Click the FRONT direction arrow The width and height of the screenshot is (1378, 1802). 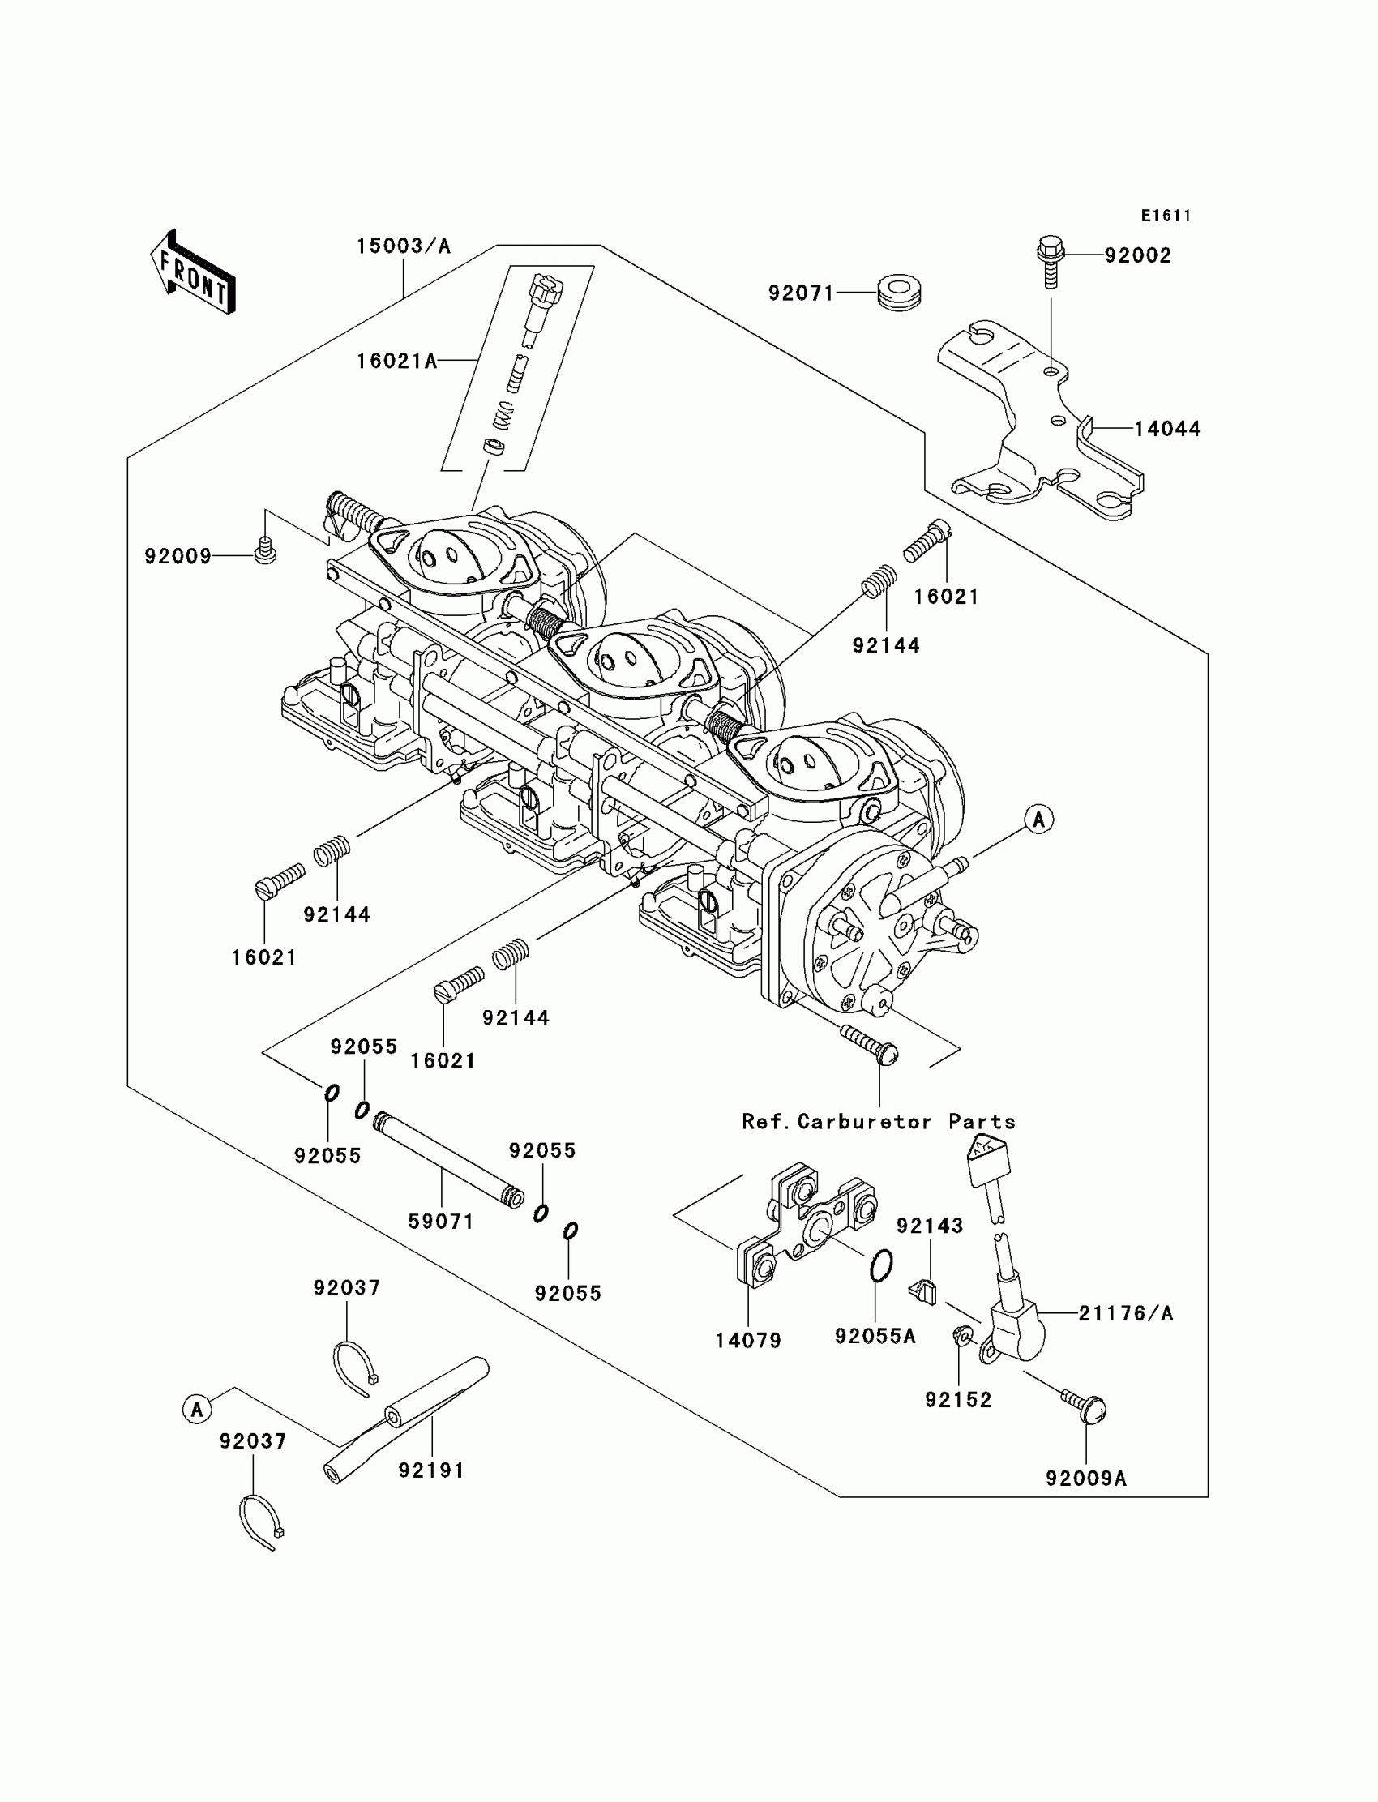(193, 273)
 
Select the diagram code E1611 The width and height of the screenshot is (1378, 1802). (1166, 216)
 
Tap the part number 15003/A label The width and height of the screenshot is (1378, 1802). (404, 246)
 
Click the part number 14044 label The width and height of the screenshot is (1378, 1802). (1167, 428)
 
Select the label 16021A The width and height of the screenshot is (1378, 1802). (397, 361)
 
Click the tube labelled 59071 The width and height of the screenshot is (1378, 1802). (447, 1159)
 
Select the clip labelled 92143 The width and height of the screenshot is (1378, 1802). (923, 1294)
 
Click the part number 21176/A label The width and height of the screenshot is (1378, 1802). (1125, 1313)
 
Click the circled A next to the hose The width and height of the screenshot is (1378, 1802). (197, 1409)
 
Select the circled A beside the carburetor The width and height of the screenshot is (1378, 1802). (1039, 819)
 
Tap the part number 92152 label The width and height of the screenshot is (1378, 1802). (959, 1400)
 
